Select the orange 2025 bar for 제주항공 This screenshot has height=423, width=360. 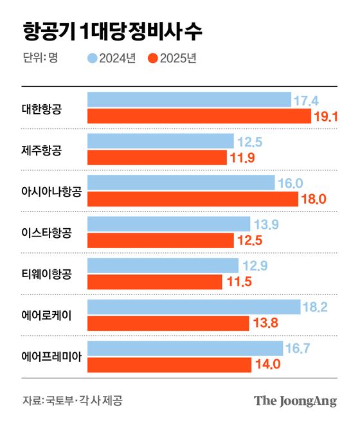[x=156, y=157]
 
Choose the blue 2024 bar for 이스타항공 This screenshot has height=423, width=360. [x=168, y=224]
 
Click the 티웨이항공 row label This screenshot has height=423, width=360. [x=47, y=274]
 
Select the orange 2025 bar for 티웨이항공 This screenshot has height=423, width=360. [x=154, y=282]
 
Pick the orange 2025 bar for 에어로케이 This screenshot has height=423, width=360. [x=172, y=323]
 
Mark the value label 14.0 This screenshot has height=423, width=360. [x=267, y=364]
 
